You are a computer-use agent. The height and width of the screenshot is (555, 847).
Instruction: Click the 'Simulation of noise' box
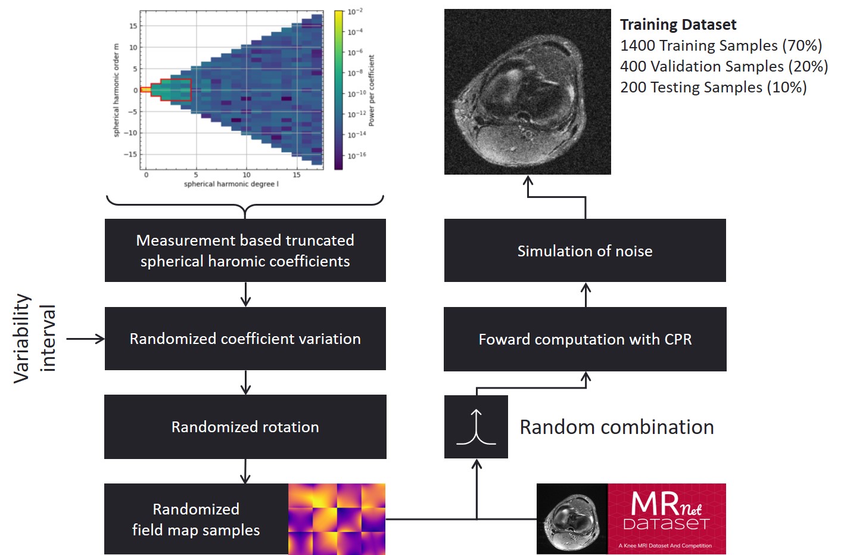(585, 250)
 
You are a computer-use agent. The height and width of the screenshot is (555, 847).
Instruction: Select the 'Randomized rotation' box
(245, 427)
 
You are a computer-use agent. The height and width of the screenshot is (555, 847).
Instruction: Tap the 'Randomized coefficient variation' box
(245, 339)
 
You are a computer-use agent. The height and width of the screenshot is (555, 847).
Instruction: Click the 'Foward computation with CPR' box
(585, 339)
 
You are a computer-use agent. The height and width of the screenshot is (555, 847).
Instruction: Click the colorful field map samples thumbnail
(337, 519)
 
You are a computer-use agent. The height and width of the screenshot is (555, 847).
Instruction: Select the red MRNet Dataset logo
(667, 519)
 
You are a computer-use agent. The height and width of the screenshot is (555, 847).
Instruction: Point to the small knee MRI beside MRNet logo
(572, 519)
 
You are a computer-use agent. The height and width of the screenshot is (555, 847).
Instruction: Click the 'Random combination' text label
(616, 427)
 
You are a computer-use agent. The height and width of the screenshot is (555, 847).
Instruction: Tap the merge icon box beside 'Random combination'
(476, 427)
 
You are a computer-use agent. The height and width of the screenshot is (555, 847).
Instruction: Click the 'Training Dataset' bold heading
(678, 24)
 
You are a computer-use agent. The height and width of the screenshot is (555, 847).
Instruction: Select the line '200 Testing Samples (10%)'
(713, 87)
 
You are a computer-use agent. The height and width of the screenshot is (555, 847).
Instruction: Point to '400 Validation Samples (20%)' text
(724, 66)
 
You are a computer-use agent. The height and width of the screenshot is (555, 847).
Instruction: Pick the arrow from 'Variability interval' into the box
(85, 339)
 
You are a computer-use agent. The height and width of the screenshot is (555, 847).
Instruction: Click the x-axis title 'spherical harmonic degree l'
(231, 184)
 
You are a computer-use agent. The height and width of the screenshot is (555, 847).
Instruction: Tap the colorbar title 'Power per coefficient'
(372, 90)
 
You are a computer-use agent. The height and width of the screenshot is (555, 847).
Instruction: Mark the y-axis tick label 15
(133, 26)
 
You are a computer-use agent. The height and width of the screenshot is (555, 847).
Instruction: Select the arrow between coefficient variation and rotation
(245, 382)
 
